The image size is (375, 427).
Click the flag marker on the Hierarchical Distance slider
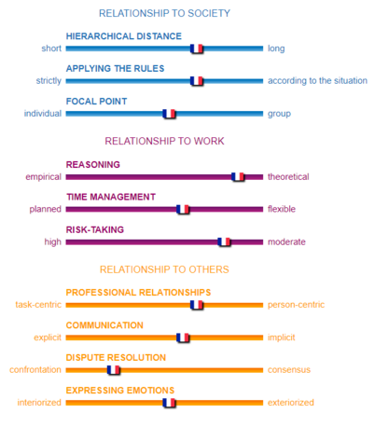pyautogui.click(x=197, y=48)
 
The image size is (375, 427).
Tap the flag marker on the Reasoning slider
pyautogui.click(x=238, y=177)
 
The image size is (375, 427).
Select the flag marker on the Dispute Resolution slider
pyautogui.click(x=114, y=370)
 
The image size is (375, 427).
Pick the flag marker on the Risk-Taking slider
pyautogui.click(x=224, y=241)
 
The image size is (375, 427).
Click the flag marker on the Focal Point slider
pyautogui.click(x=169, y=114)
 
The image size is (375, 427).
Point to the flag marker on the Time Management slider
pyautogui.click(x=183, y=209)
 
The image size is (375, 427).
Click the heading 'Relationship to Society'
pyautogui.click(x=164, y=13)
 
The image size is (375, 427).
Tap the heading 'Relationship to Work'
pyautogui.click(x=164, y=141)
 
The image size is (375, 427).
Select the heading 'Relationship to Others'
pyautogui.click(x=164, y=269)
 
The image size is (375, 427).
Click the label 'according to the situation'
pyautogui.click(x=317, y=81)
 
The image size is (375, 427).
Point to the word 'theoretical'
pyautogui.click(x=288, y=177)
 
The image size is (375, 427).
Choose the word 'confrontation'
pyautogui.click(x=35, y=370)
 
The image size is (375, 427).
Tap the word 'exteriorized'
pyautogui.click(x=291, y=403)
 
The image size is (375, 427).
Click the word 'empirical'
pyautogui.click(x=44, y=177)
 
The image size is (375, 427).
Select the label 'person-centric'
pyautogui.click(x=296, y=305)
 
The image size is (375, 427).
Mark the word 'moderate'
pyautogui.click(x=286, y=241)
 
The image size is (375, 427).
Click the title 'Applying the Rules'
pyautogui.click(x=115, y=69)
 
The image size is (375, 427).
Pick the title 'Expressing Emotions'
pyautogui.click(x=120, y=391)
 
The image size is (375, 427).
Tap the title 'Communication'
pyautogui.click(x=104, y=325)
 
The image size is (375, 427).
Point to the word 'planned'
pyautogui.click(x=46, y=210)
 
